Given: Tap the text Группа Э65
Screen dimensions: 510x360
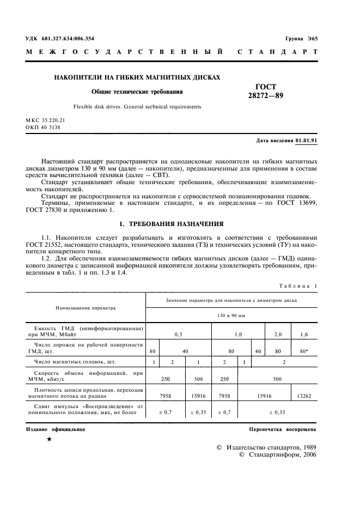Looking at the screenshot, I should (x=302, y=39).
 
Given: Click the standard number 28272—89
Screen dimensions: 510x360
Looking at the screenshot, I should (x=266, y=95).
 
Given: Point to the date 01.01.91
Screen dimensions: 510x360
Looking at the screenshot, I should (x=307, y=140).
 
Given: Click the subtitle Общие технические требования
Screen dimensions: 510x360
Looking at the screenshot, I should (x=137, y=92).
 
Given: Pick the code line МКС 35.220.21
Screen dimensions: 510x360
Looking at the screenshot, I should (x=45, y=119).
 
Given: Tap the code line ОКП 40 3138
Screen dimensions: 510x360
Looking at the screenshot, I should (x=43, y=127).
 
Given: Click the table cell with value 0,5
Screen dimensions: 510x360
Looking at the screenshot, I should (x=178, y=332).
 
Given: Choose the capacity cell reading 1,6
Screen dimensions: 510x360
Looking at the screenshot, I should (x=305, y=332).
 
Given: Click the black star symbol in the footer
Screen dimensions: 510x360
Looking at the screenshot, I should (x=50, y=439).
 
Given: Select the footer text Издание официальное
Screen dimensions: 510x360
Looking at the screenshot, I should (x=56, y=429).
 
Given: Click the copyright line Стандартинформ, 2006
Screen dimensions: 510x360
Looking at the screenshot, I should (x=278, y=454).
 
